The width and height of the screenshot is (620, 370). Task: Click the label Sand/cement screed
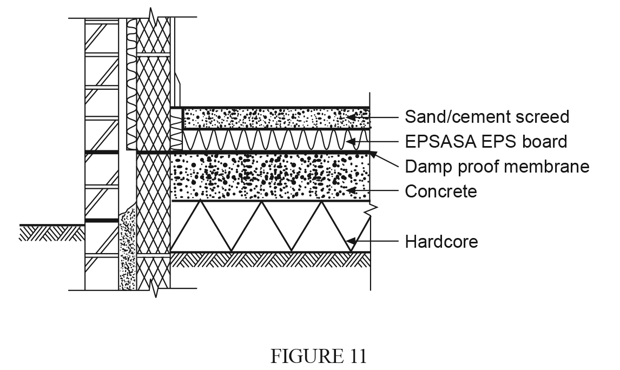tap(487, 117)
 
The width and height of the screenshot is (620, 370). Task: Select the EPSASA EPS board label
tap(486, 142)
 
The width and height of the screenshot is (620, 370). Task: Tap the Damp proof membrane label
tap(497, 167)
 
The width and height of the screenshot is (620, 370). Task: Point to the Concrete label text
tap(441, 191)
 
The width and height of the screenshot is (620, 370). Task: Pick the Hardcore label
tap(441, 241)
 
